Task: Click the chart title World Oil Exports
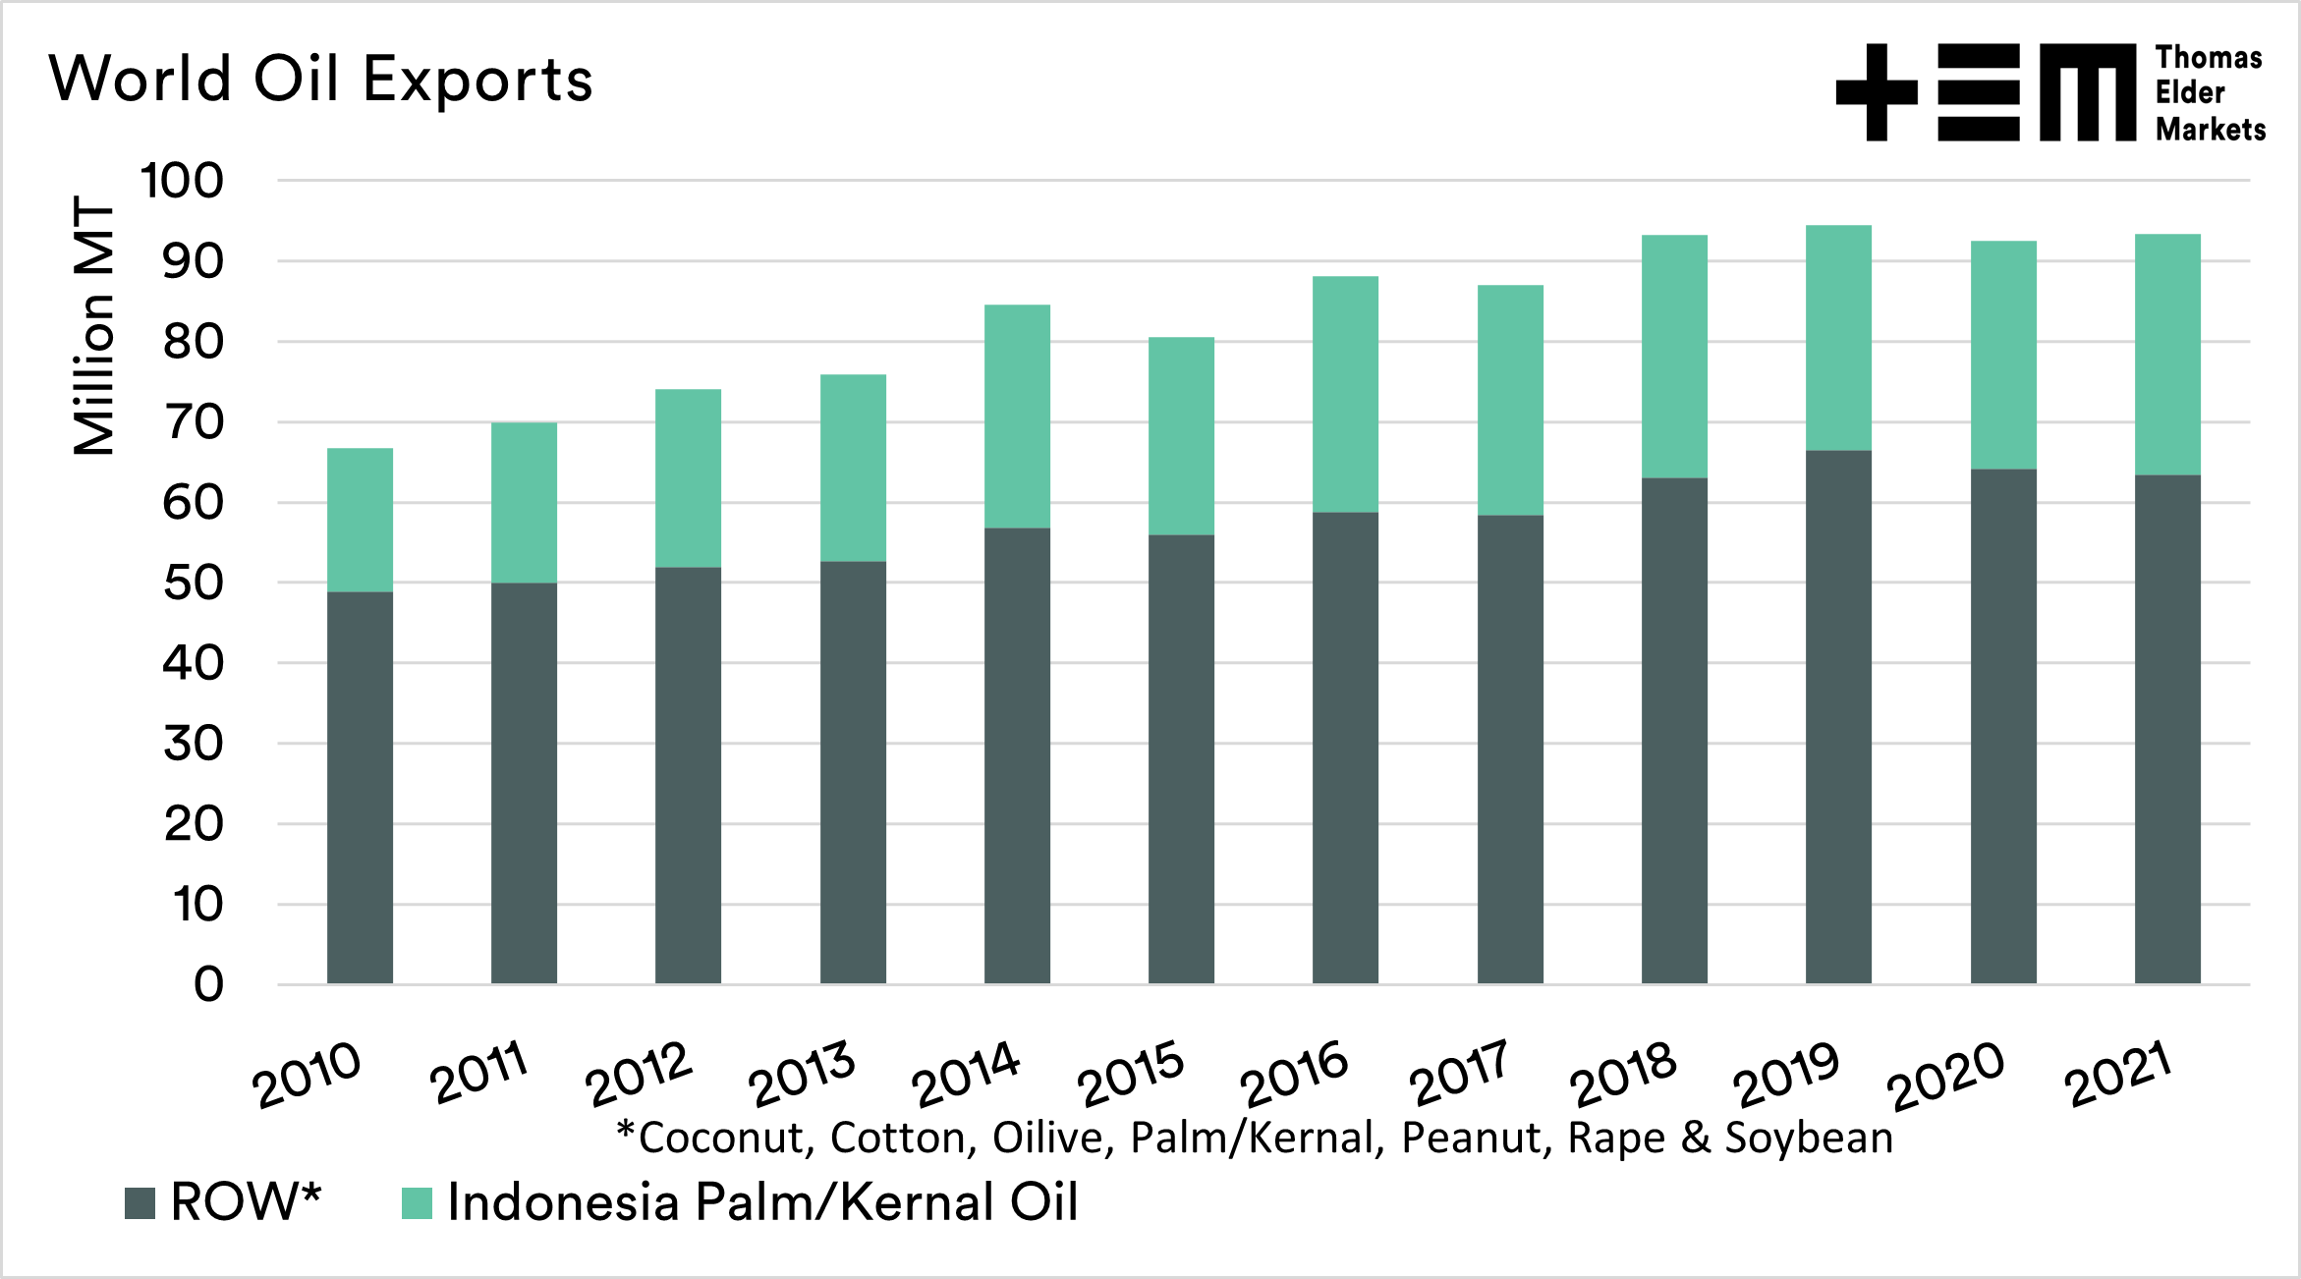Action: tap(320, 79)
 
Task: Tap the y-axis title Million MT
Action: tap(94, 325)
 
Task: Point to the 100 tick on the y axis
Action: tap(182, 181)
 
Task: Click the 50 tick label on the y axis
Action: tap(194, 584)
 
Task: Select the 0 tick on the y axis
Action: tap(208, 984)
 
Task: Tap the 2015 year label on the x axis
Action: tap(1131, 1074)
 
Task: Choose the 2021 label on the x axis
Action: tap(2118, 1074)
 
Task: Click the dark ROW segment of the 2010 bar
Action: tap(360, 786)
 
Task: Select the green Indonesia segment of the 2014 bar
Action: tap(1017, 417)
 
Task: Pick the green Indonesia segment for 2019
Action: tap(1838, 338)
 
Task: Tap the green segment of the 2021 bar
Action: tap(2167, 355)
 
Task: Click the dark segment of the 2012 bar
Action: tap(688, 775)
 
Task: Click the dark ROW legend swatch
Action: tap(140, 1203)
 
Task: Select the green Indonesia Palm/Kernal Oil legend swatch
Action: tap(418, 1203)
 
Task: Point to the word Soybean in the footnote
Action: tap(1809, 1139)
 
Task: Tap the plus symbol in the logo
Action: tap(1877, 92)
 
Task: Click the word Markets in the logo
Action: tap(2211, 130)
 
